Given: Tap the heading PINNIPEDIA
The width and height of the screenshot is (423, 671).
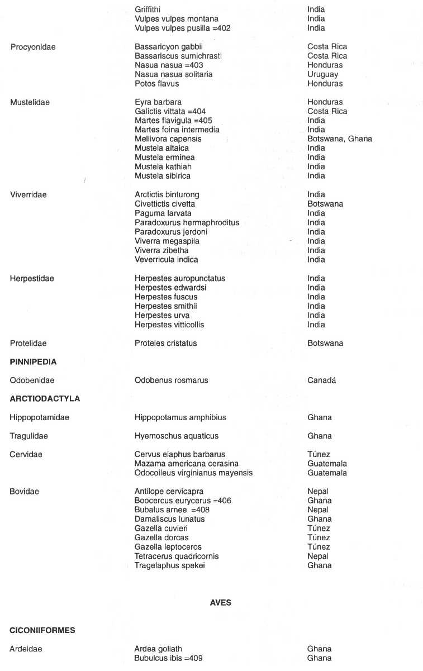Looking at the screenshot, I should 33,361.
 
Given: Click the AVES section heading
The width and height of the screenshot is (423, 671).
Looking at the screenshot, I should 221,603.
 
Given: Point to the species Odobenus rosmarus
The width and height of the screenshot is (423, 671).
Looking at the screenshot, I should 171,380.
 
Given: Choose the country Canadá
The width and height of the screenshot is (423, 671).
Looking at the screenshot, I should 321,380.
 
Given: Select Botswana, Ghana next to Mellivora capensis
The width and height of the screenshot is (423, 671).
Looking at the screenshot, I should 339,139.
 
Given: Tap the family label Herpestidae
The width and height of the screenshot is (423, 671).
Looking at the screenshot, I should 32,278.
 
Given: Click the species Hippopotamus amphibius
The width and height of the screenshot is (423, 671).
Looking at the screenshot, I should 180,417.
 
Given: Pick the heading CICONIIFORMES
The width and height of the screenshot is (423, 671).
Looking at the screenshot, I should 42,630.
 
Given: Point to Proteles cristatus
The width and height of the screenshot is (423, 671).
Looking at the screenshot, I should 165,343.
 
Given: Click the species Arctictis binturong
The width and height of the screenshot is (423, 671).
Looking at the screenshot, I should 167,194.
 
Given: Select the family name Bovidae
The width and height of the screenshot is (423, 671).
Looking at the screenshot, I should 24,491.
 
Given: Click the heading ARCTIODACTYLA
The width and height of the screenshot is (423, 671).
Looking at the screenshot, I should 45,398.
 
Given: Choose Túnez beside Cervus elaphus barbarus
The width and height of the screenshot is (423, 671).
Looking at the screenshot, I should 319,454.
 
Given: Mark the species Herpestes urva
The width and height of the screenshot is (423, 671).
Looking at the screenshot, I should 161,315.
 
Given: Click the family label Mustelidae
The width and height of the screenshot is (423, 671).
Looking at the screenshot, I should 30,102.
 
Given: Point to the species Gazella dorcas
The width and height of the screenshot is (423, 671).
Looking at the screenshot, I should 161,537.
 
